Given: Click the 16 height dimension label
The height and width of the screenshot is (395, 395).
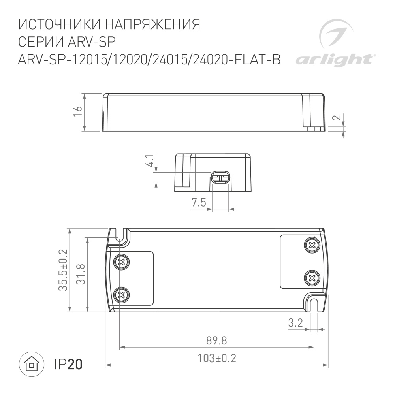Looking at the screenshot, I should (78, 112).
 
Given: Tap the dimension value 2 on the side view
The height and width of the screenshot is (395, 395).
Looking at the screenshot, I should (337, 118).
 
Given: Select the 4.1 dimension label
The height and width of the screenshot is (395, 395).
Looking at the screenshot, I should (150, 161).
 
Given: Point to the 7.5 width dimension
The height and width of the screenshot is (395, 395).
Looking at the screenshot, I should (199, 203).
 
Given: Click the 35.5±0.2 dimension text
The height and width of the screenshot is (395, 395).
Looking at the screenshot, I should (63, 270).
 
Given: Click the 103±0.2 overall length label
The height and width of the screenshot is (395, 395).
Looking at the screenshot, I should (216, 358).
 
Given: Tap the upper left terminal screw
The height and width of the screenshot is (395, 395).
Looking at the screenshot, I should (122, 261).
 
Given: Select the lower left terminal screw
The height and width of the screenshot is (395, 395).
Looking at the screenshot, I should (122, 294).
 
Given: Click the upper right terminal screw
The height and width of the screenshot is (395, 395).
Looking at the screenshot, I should (312, 245).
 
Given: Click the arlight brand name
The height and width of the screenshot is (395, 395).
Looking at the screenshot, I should (334, 60).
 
